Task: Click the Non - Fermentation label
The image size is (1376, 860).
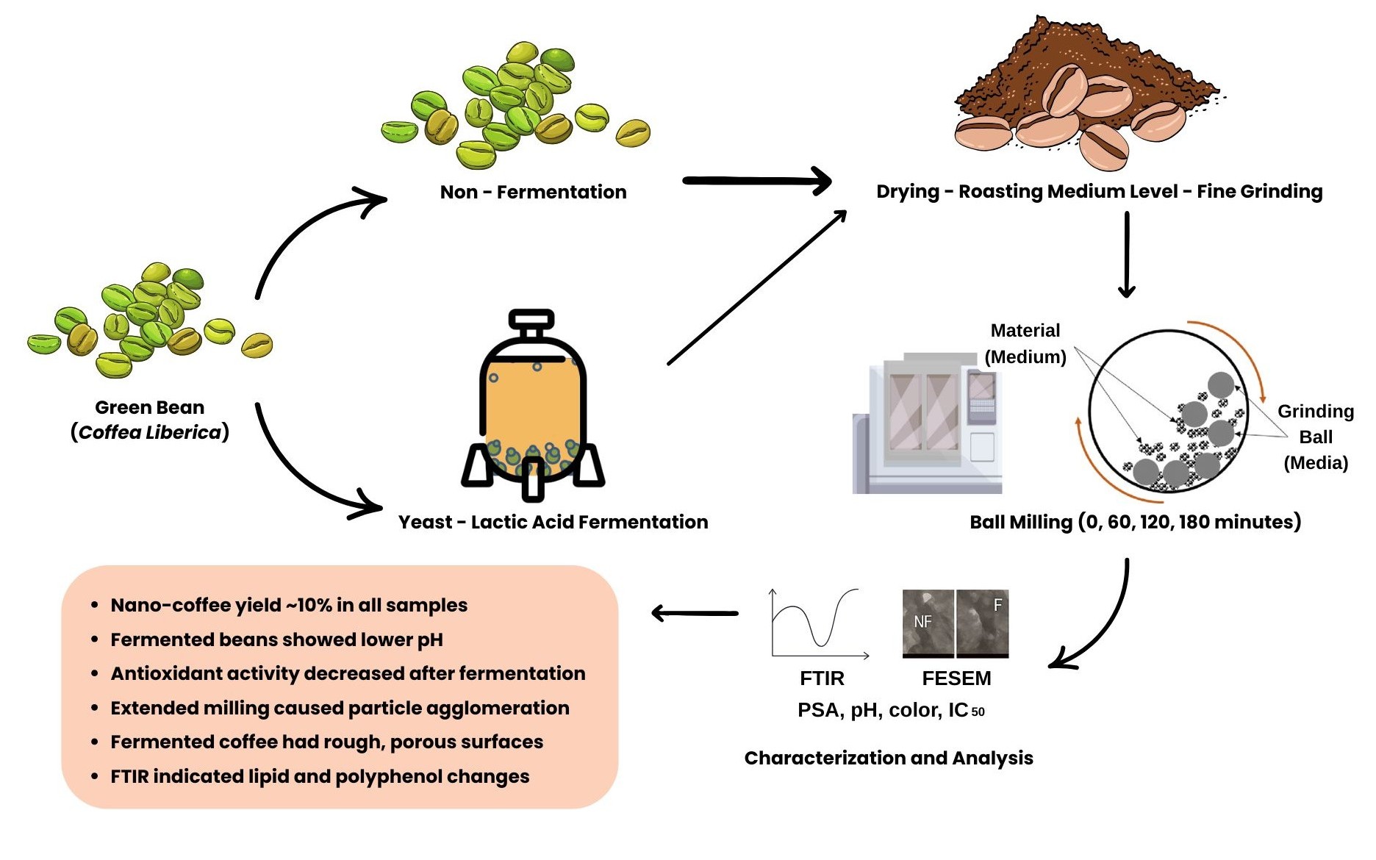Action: click(533, 192)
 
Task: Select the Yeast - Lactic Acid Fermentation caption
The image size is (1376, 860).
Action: click(553, 522)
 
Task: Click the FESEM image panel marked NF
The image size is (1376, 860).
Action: click(928, 623)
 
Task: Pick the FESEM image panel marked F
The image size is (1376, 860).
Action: click(983, 623)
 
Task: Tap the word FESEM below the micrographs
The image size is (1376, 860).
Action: click(956, 678)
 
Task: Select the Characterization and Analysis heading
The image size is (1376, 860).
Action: click(889, 758)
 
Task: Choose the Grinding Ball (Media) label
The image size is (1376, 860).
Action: click(1316, 437)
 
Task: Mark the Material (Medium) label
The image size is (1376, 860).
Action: click(1025, 343)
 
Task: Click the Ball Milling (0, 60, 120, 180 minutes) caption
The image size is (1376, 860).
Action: click(1135, 522)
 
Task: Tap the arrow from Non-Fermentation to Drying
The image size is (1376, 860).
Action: click(756, 181)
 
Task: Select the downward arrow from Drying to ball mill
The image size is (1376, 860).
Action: click(1126, 254)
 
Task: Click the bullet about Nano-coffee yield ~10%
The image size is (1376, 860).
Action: click(289, 605)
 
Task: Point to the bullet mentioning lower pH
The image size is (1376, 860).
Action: click(276, 639)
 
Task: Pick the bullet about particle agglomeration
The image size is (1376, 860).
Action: click(340, 708)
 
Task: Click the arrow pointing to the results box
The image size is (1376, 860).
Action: click(695, 613)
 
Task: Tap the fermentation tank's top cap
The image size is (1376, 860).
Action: click(531, 319)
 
